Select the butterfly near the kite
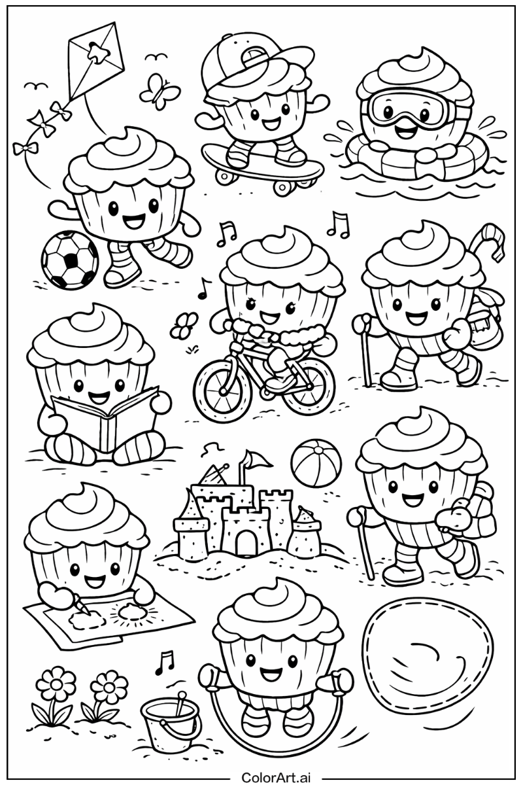click(159, 92)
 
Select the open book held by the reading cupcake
click(105, 419)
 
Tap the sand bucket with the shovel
click(169, 723)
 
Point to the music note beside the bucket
click(163, 663)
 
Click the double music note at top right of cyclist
click(338, 224)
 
